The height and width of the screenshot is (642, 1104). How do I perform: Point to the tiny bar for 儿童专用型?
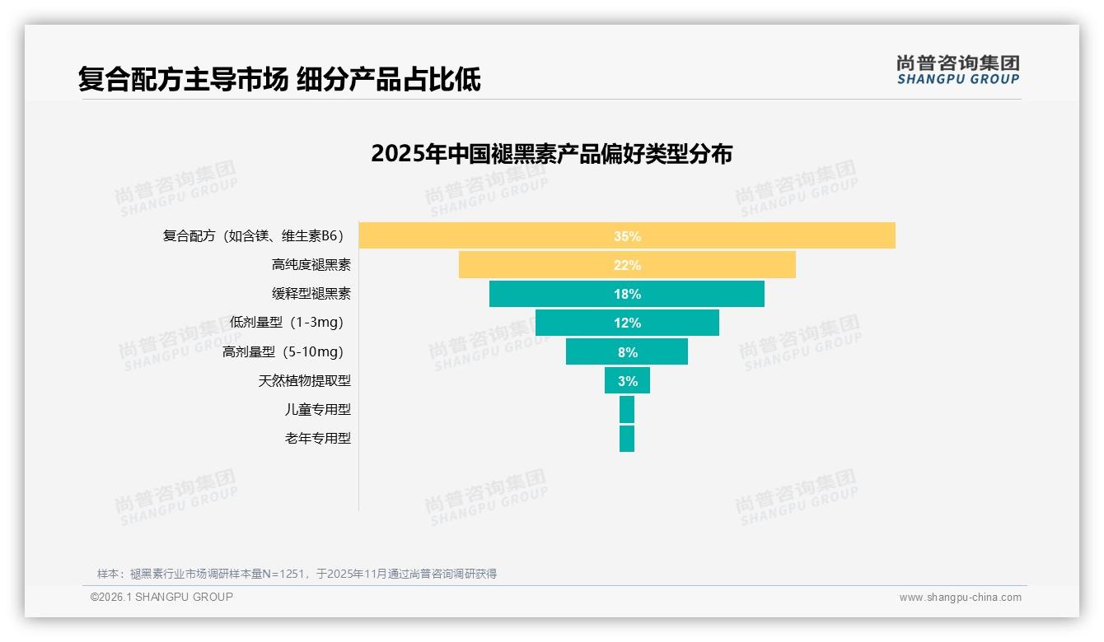click(627, 409)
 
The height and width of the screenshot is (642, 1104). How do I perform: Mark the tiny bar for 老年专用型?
click(627, 438)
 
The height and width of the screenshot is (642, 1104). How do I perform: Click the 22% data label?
click(627, 265)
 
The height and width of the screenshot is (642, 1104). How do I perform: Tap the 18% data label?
click(627, 294)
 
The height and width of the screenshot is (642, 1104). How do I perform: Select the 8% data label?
click(627, 351)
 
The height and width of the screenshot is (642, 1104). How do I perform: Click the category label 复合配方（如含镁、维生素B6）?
click(253, 236)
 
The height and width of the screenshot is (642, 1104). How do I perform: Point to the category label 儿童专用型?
click(318, 409)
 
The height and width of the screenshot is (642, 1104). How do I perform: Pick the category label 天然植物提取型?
click(305, 380)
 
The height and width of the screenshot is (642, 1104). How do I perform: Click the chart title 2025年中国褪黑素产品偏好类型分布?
click(551, 154)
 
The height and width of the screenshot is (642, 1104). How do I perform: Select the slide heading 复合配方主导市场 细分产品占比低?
click(279, 79)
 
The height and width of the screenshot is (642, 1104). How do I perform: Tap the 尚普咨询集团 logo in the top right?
click(957, 70)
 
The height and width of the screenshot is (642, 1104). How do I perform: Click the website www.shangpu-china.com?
click(960, 598)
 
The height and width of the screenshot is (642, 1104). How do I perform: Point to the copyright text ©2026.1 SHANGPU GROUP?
click(161, 597)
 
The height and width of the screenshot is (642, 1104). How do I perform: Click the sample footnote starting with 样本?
click(297, 574)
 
